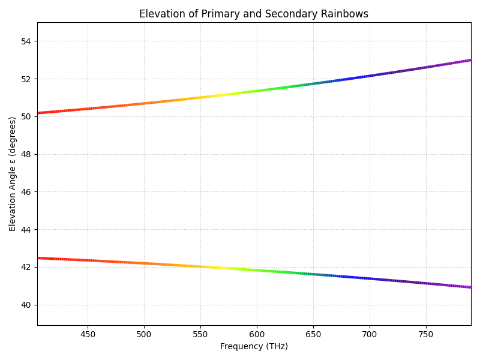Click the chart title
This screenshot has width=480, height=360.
[x=254, y=14]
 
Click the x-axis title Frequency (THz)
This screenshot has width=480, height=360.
[x=254, y=346]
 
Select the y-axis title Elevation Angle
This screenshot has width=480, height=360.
[x=13, y=174]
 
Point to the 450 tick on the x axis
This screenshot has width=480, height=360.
[x=88, y=334]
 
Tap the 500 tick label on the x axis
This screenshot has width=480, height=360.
[x=144, y=334]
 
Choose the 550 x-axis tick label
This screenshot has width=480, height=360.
[x=200, y=334]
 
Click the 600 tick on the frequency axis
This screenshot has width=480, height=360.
[x=257, y=334]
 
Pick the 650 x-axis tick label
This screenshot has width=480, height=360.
[x=313, y=334]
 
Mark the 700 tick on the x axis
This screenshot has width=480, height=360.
[x=370, y=334]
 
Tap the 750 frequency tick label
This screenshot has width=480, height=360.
[x=426, y=334]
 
